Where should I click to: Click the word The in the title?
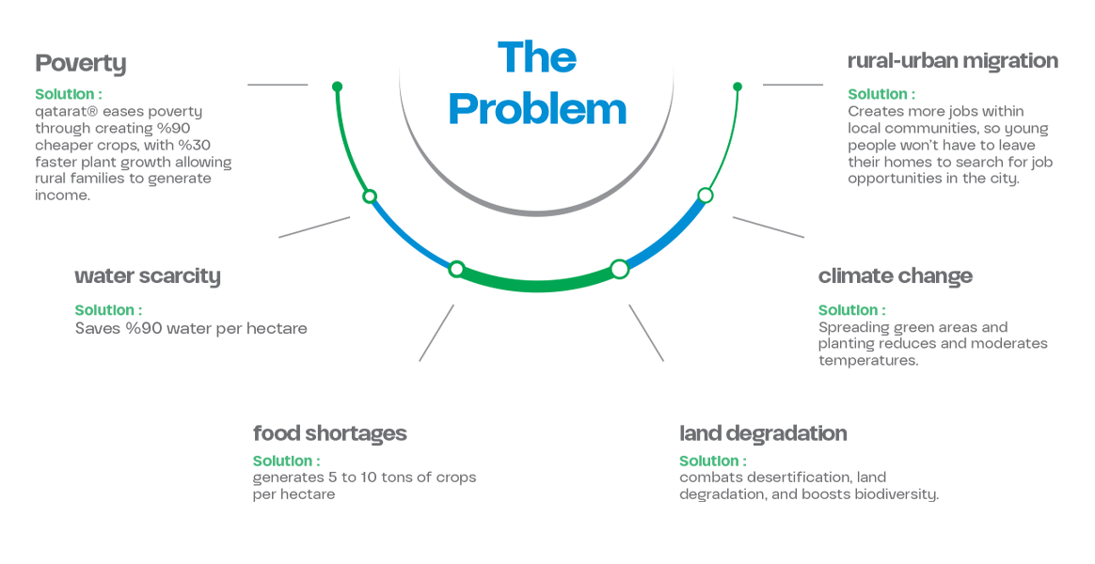tap(537, 58)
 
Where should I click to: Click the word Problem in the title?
tap(537, 110)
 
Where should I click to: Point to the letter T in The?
tap(510, 57)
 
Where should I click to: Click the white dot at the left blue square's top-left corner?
tap(370, 196)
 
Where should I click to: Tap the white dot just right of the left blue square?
tap(456, 270)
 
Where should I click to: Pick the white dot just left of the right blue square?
tap(619, 269)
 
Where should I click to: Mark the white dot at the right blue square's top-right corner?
tap(706, 196)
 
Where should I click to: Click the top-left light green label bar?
tap(73, 91)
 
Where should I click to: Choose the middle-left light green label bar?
tap(94, 306)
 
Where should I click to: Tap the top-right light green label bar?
tap(881, 90)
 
